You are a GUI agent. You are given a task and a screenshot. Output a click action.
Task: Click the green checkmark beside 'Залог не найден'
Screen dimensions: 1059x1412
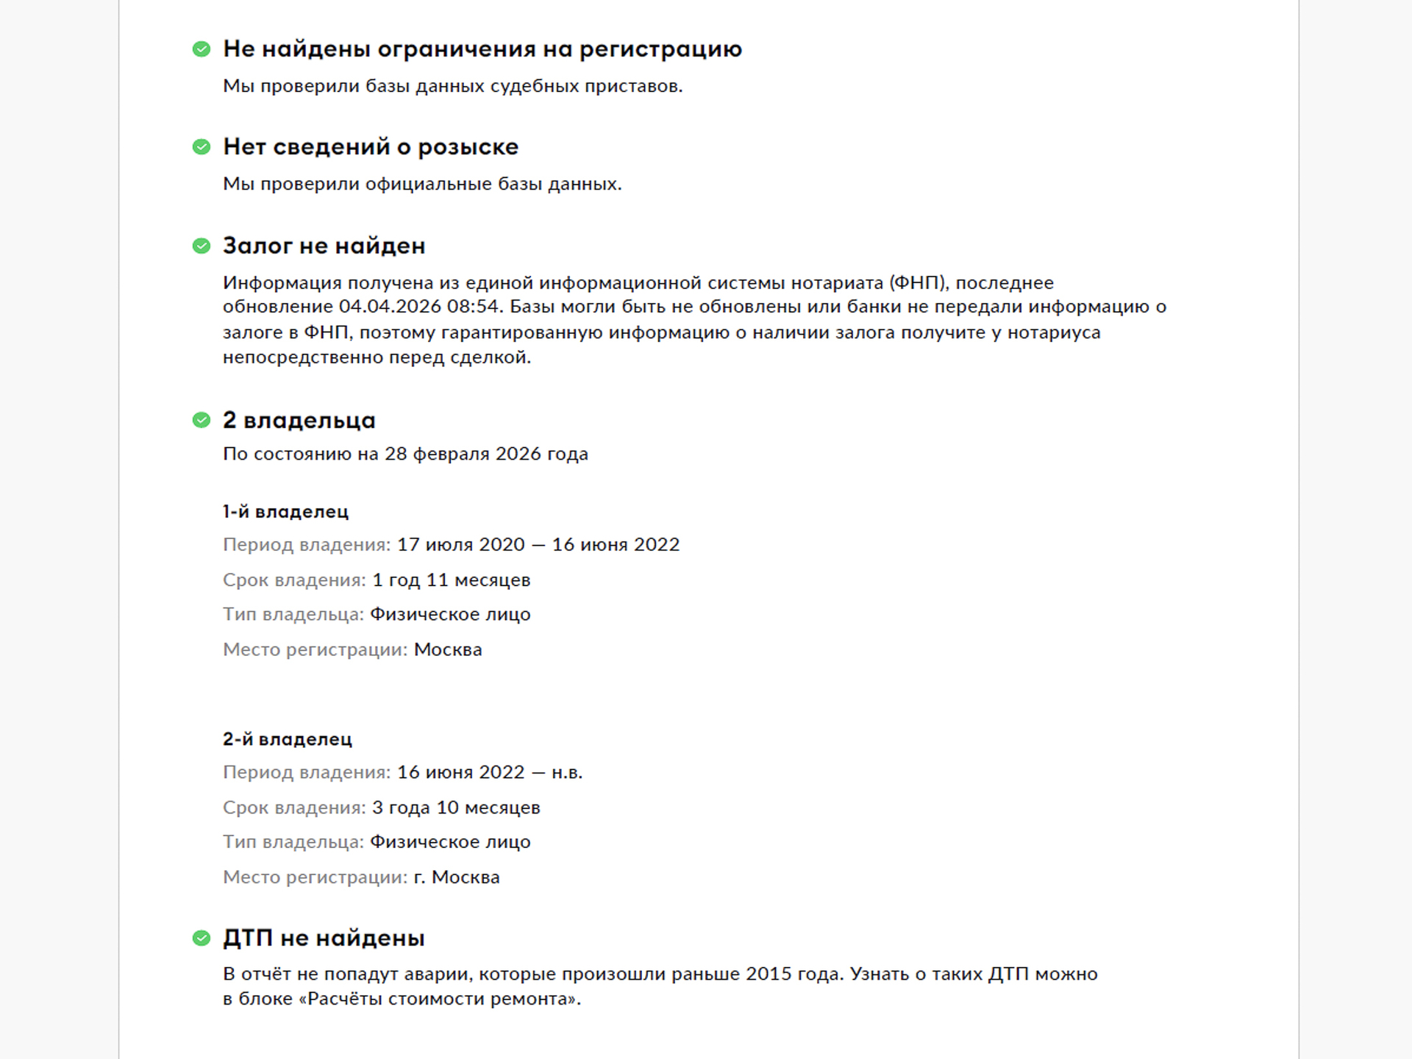click(202, 246)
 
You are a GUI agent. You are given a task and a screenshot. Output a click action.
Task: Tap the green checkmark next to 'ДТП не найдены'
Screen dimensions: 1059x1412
click(202, 938)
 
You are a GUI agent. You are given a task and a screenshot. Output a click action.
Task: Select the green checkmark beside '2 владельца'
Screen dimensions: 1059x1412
click(202, 420)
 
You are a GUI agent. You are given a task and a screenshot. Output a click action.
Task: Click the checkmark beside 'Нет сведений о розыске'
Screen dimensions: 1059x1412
click(202, 147)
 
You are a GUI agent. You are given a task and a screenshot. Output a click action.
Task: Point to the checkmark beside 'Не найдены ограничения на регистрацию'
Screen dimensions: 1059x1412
click(202, 49)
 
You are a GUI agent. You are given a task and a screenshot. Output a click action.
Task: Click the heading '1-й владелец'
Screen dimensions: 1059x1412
click(285, 512)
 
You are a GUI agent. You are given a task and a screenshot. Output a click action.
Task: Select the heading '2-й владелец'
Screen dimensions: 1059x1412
click(288, 739)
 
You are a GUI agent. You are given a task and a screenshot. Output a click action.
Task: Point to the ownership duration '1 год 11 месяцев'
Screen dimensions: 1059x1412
click(451, 580)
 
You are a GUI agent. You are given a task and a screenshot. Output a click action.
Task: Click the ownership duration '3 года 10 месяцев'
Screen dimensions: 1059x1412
click(456, 807)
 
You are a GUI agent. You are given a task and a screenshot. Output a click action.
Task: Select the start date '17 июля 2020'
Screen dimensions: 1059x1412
click(461, 545)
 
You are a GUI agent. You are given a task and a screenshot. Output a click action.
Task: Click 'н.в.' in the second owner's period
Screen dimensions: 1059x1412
click(567, 773)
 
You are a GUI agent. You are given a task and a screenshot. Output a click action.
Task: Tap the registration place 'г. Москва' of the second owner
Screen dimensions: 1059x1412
click(457, 877)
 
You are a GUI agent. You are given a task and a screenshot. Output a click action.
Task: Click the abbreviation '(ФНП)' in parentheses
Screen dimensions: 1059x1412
click(919, 283)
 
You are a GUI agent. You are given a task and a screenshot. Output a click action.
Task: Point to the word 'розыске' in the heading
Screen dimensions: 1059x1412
click(468, 148)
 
